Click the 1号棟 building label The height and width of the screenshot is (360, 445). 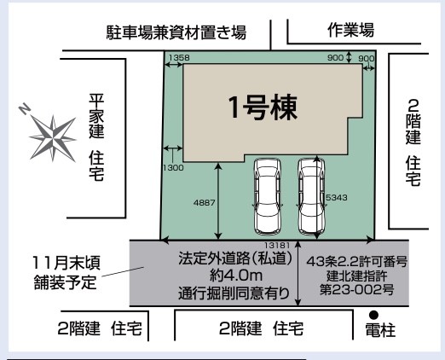[x=263, y=107]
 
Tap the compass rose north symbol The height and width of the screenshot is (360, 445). [x=53, y=139]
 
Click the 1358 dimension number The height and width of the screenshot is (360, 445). [x=179, y=57]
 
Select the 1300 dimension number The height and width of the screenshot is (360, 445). [x=173, y=168]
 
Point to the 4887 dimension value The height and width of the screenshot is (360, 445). [x=204, y=203]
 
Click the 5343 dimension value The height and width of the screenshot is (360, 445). [x=337, y=197]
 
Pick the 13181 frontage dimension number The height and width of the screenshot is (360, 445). [x=277, y=245]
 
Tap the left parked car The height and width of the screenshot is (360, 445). [x=267, y=197]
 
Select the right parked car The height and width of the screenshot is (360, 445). [x=311, y=197]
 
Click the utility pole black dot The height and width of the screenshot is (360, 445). [x=373, y=315]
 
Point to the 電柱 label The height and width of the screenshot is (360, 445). [x=380, y=330]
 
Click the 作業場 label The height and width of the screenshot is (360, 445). [x=350, y=30]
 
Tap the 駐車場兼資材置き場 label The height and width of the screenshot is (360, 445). [x=176, y=32]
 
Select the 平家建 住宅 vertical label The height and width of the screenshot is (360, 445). [x=96, y=137]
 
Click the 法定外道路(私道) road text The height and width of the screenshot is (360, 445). [x=235, y=258]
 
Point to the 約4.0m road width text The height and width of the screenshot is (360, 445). [x=236, y=275]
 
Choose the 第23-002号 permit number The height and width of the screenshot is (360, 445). [x=357, y=290]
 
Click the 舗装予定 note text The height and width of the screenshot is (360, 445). [x=66, y=282]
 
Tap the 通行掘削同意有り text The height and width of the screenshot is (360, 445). [x=234, y=293]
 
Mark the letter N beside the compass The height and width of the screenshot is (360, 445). [x=25, y=108]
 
